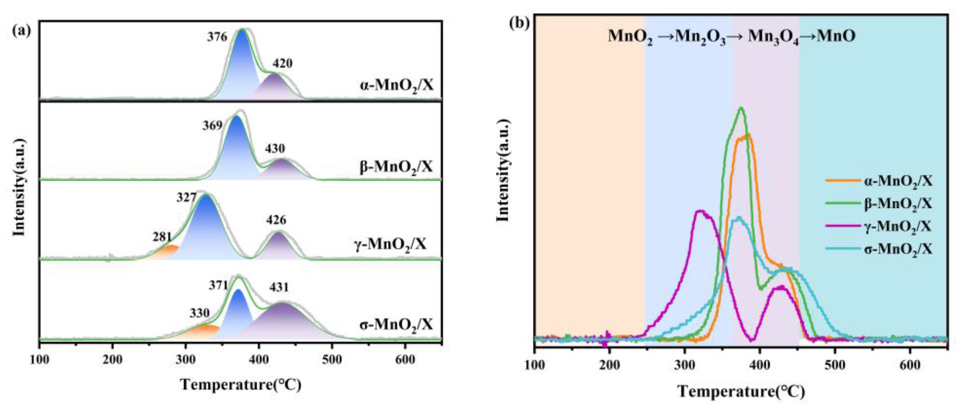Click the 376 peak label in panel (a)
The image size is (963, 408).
coord(217,37)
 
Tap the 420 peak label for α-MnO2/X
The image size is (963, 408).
coord(282,64)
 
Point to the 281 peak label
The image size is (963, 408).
coord(162,237)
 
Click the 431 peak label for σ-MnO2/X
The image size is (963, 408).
coord(279,287)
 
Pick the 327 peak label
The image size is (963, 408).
coord(187,197)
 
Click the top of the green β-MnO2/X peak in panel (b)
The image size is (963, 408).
coord(740,109)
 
